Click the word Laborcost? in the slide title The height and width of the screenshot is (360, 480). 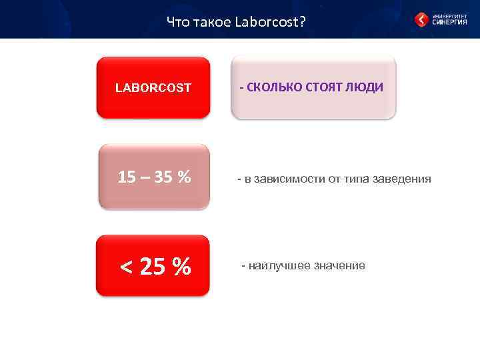[x=271, y=23]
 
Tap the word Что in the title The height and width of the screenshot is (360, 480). [x=178, y=23]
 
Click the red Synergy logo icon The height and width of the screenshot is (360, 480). [x=421, y=20]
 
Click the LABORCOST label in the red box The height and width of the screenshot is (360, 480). [x=153, y=87]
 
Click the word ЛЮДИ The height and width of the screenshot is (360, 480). [x=367, y=87]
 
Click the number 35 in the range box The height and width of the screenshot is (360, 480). [x=164, y=177]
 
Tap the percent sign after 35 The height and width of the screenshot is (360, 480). [x=185, y=177]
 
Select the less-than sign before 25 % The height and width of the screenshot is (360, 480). [x=125, y=267]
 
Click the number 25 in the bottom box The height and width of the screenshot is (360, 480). [x=153, y=267]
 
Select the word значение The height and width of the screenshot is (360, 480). [x=337, y=266]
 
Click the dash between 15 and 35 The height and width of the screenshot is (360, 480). [x=145, y=177]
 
